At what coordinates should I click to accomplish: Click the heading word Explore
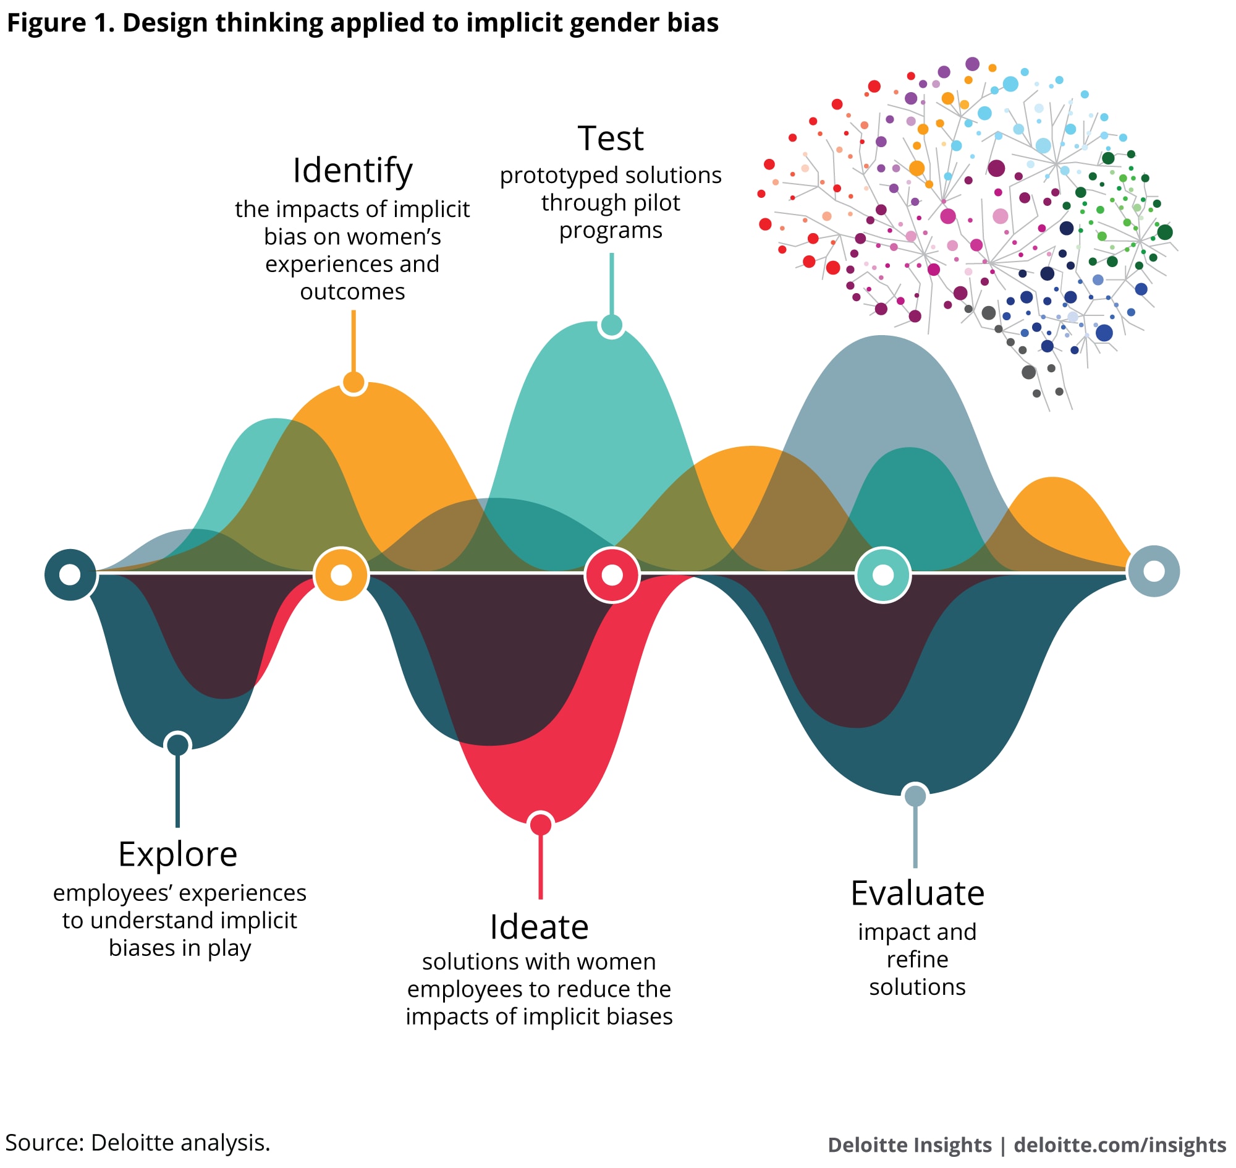[177, 855]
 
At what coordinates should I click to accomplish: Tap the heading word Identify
[352, 171]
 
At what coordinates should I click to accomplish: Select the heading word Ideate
[539, 927]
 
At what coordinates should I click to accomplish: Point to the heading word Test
[611, 139]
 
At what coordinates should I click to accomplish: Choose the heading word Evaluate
[916, 893]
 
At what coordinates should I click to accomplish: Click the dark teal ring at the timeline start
[70, 574]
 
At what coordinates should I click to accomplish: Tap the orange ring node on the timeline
[341, 574]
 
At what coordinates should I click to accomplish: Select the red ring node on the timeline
[612, 574]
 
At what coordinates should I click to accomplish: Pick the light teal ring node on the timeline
[883, 574]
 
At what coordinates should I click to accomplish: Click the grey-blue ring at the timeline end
[1153, 571]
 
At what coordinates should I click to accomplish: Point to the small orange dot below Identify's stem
[353, 382]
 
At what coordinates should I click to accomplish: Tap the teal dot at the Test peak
[612, 325]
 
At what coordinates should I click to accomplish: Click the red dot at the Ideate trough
[540, 824]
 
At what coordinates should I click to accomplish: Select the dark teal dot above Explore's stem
[178, 744]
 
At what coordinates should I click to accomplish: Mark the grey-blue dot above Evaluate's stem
[915, 796]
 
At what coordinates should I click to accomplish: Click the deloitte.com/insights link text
[1119, 1145]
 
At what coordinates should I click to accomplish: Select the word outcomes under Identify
[352, 291]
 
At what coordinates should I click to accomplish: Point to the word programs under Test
[611, 231]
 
